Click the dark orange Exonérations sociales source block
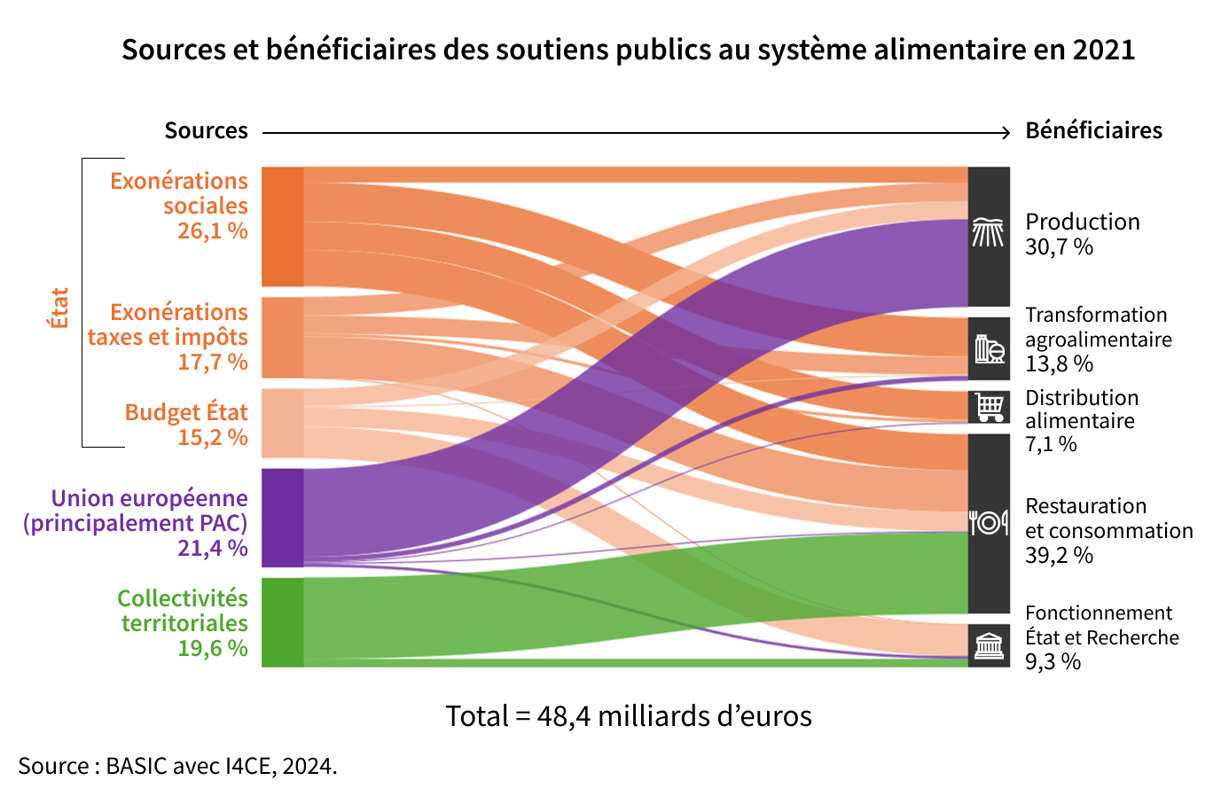(282, 227)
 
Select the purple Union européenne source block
(282, 518)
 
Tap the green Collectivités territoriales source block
(282, 622)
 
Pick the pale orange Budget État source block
(282, 424)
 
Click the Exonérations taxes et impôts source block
(282, 338)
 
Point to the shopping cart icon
(989, 407)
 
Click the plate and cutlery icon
(989, 523)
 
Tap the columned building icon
(989, 646)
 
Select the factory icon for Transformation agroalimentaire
(990, 348)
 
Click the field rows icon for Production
(989, 232)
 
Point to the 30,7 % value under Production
(1059, 247)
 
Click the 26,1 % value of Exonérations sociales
(213, 231)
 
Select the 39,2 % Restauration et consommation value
(1059, 555)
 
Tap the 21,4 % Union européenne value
(213, 548)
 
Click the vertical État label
(59, 308)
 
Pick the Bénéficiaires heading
(1094, 131)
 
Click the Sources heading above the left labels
(206, 131)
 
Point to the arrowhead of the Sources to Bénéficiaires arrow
(1006, 132)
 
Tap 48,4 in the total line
(564, 716)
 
